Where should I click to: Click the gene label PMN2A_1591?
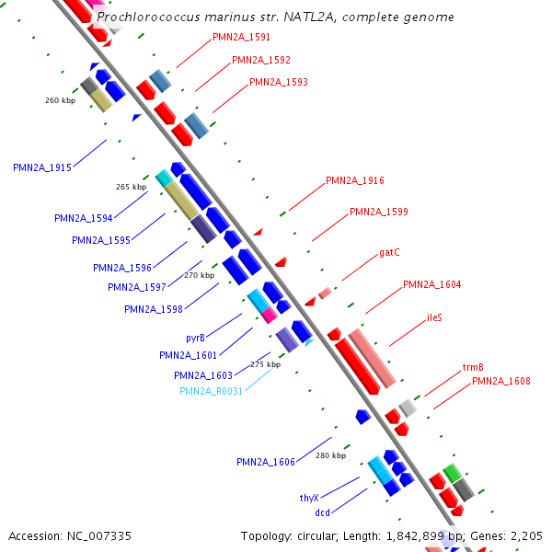point(241,38)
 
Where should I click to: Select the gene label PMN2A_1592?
point(261,60)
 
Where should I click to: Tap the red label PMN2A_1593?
point(279,82)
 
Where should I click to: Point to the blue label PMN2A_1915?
point(42,167)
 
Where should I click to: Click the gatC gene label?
point(389,252)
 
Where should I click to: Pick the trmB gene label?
point(473,368)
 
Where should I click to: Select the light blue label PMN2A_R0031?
point(212,391)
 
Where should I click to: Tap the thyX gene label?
point(309,497)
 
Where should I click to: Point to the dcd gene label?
point(322,512)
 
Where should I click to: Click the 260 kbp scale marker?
point(60,99)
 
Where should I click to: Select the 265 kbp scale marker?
point(131,187)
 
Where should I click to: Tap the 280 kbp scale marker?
point(330,455)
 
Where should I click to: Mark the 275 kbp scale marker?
point(266,364)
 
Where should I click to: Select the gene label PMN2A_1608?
point(501,381)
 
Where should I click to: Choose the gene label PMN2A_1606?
point(266,462)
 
